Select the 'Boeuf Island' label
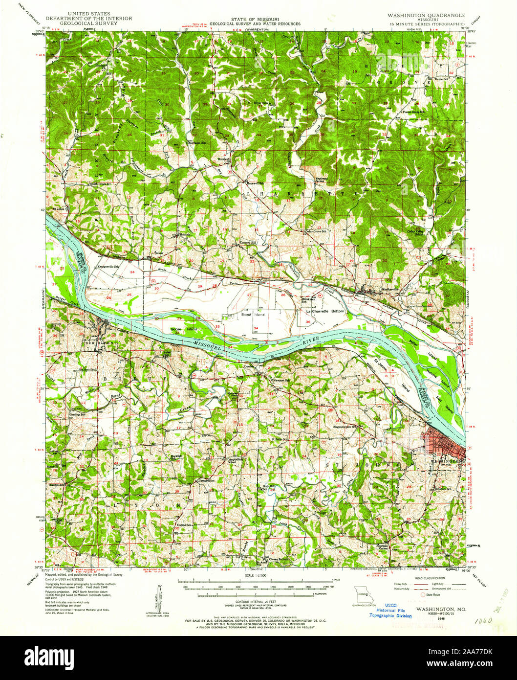[x=253, y=315]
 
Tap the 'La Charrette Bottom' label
[x=325, y=311]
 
